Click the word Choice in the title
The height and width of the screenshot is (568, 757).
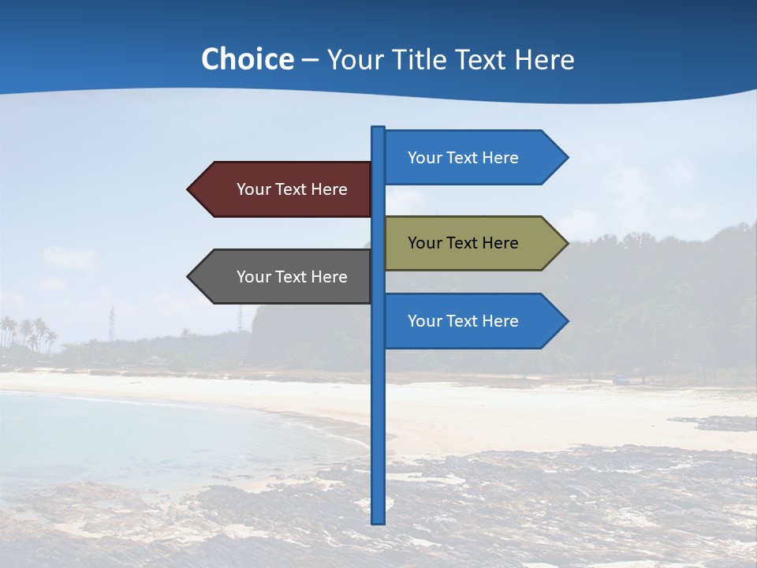tap(247, 59)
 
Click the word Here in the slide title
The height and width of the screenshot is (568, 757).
tap(544, 59)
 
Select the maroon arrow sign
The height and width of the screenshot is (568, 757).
tap(284, 189)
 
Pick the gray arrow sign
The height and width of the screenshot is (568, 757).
tap(284, 276)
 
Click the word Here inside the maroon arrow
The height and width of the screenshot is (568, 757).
tap(329, 189)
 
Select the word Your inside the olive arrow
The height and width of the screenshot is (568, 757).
tap(424, 243)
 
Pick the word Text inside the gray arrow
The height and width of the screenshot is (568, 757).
tap(291, 277)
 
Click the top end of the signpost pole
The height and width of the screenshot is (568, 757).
tap(378, 129)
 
